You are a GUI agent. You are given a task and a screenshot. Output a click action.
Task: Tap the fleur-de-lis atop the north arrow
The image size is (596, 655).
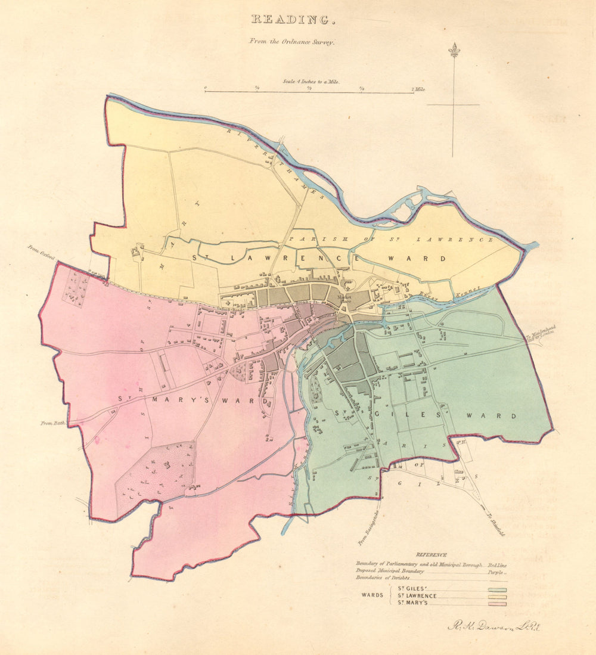(454, 50)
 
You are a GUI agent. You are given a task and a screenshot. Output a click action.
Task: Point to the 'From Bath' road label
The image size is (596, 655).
(52, 423)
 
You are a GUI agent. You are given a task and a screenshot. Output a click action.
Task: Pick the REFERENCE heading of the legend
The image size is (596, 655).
(432, 555)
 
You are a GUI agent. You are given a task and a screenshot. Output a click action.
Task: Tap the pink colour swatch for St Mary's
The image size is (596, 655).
(497, 603)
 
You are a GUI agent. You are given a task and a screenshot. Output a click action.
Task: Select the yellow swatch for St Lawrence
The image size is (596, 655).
(497, 596)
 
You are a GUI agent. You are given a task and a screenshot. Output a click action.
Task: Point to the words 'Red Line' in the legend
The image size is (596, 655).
(497, 563)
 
